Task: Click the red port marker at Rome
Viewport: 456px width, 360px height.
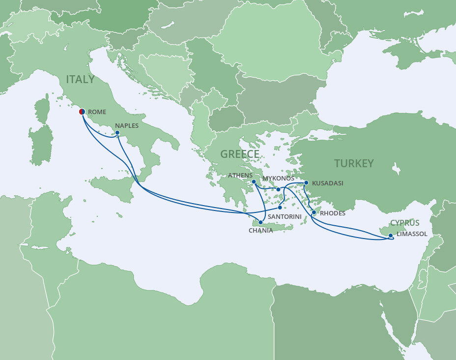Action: tap(82, 112)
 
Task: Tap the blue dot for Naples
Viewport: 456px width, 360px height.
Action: tap(117, 132)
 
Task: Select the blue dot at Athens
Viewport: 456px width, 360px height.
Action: tap(254, 182)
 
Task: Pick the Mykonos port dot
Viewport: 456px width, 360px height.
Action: tap(278, 189)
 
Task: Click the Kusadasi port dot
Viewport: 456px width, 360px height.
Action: tap(306, 183)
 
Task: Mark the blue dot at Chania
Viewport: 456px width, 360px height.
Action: tap(260, 222)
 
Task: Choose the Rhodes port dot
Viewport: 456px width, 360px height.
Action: tap(314, 213)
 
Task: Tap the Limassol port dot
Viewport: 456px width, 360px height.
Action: tap(391, 236)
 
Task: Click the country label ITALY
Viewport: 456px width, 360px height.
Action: tap(81, 79)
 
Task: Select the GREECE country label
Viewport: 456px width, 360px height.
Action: tap(239, 154)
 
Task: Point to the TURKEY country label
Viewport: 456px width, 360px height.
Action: tap(354, 163)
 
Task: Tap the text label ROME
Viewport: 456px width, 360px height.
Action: tap(97, 112)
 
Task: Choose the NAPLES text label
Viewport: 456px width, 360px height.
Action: tap(127, 125)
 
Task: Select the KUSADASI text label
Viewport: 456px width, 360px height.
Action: tap(327, 183)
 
